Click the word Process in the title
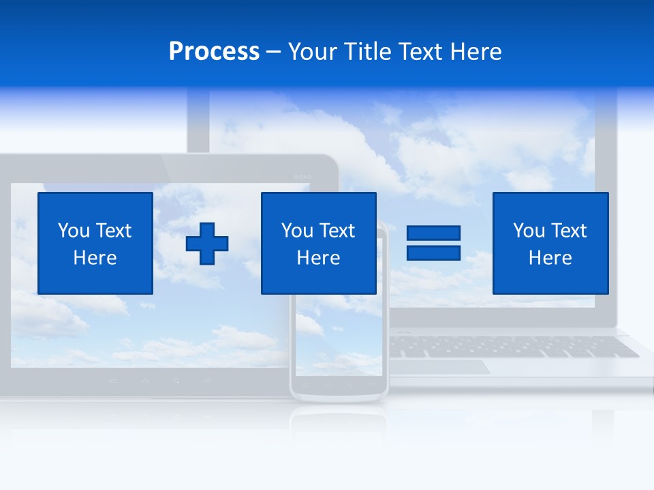214,52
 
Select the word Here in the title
475,52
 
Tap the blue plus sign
207,243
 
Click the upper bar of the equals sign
433,233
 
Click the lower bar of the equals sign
433,252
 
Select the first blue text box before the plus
95,243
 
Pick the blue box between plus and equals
318,243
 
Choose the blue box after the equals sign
550,243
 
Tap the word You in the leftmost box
74,231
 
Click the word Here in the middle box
318,258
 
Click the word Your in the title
312,52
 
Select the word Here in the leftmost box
95,258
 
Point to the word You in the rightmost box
529,231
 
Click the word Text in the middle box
337,231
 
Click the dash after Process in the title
274,52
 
